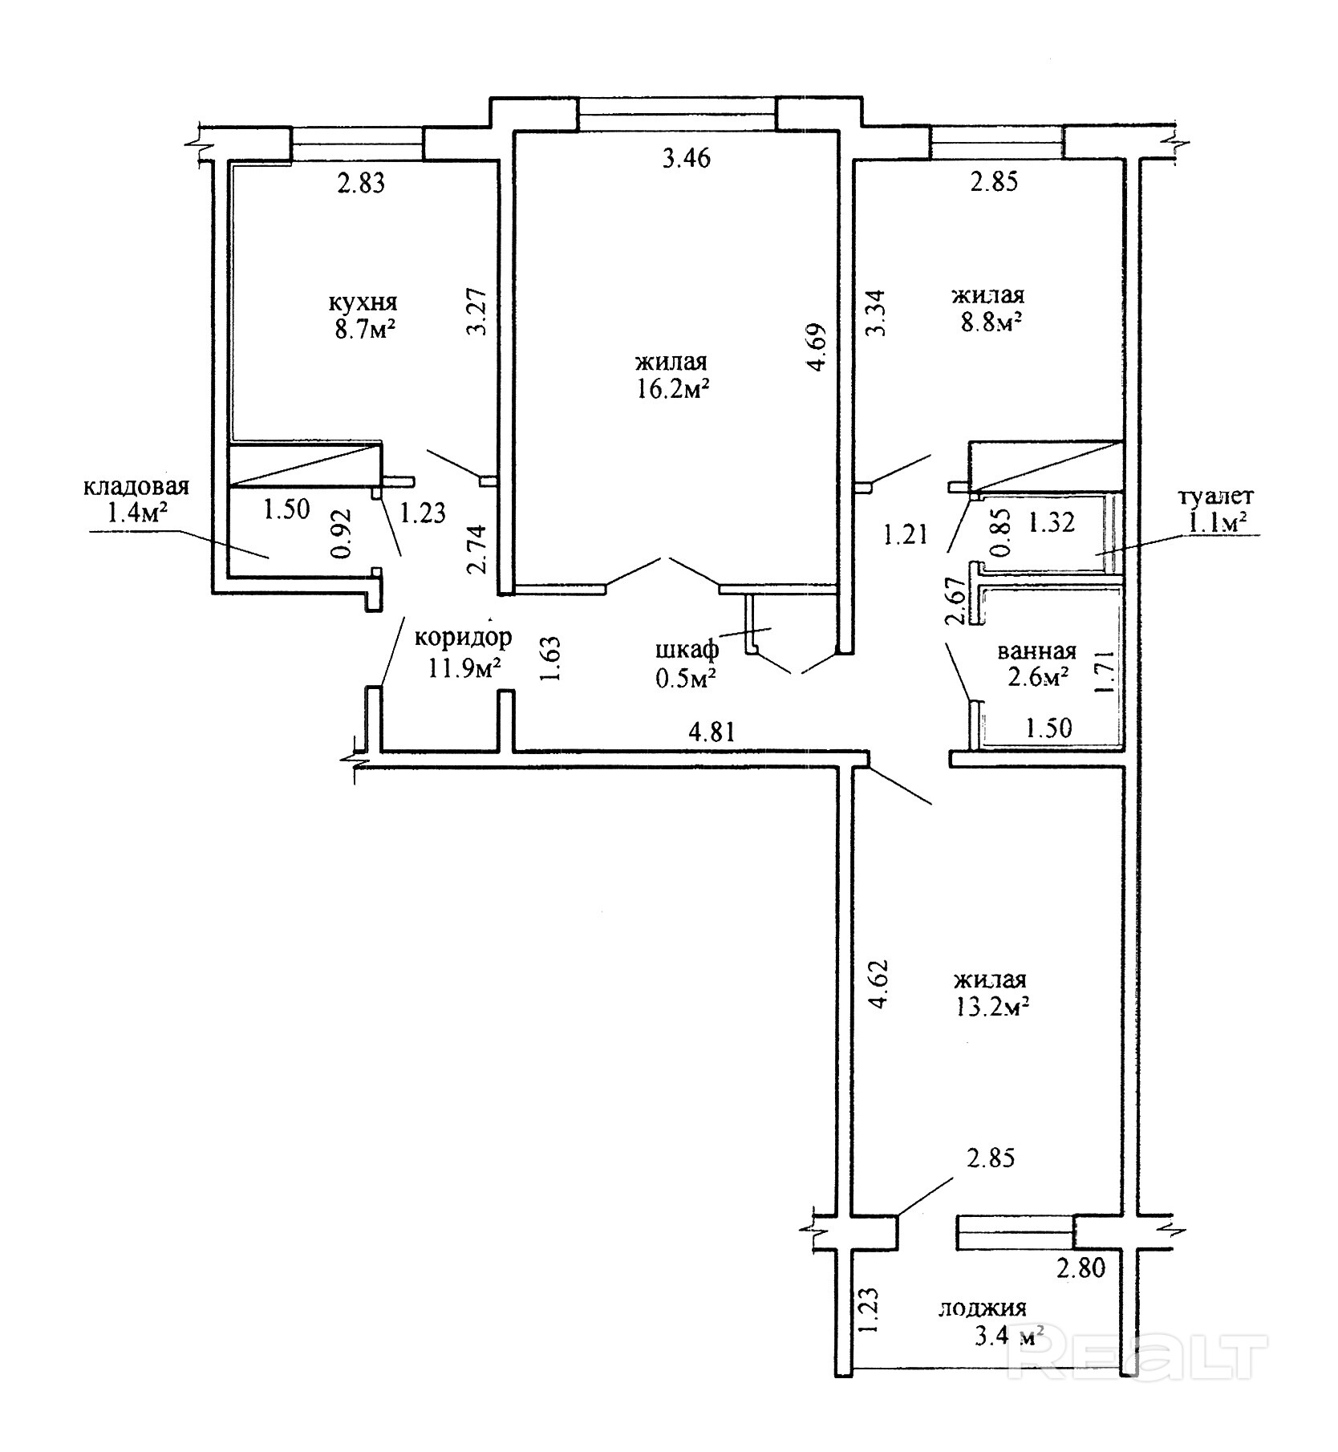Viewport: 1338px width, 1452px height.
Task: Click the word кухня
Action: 363,304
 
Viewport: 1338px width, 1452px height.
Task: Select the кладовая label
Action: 136,487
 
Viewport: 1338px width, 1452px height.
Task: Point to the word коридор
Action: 463,638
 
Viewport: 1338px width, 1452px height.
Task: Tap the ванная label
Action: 1036,651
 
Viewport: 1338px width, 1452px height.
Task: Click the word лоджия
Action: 982,1309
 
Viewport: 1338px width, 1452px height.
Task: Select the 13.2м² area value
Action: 991,1007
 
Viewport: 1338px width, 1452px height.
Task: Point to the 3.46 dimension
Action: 687,158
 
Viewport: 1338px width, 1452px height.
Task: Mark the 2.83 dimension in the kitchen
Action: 360,184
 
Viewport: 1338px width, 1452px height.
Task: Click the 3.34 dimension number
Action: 878,313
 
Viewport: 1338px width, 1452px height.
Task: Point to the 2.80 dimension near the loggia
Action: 1081,1268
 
